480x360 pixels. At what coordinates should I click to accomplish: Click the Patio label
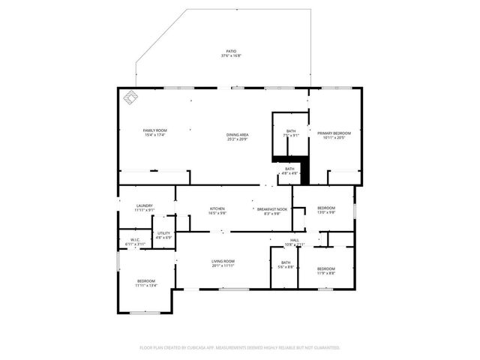click(x=231, y=53)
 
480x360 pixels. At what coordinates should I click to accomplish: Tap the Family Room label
click(x=154, y=133)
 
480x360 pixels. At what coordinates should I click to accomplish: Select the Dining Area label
click(x=238, y=136)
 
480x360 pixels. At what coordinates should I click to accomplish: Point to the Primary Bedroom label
click(x=334, y=135)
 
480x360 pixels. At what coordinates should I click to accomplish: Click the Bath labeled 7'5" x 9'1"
click(x=291, y=133)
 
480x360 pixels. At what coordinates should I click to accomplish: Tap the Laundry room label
click(x=145, y=208)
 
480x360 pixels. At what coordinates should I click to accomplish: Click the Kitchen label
click(x=217, y=211)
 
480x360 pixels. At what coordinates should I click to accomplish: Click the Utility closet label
click(x=163, y=235)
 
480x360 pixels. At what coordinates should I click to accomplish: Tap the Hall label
click(x=295, y=242)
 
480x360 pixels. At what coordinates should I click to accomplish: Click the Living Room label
click(x=223, y=263)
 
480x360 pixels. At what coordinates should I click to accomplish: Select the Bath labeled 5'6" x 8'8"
click(x=284, y=265)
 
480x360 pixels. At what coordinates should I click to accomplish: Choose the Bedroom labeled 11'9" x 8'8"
click(x=325, y=271)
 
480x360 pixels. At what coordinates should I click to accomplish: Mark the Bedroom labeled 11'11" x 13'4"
click(x=145, y=283)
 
